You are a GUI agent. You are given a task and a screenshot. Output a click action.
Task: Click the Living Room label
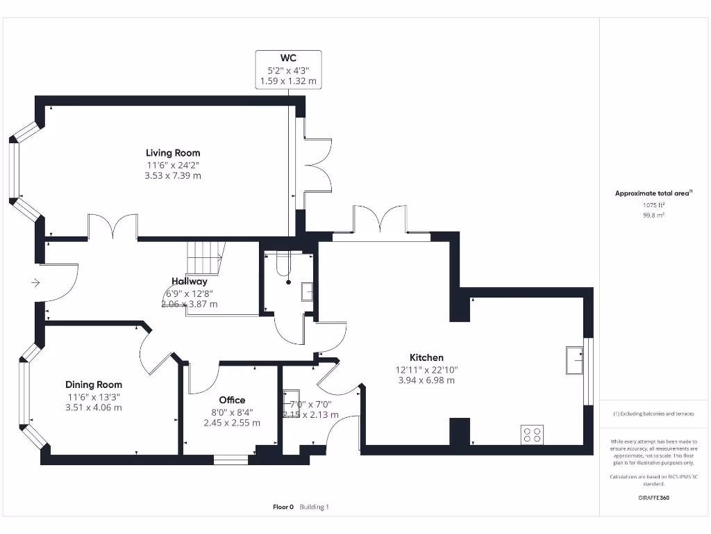pos(173,153)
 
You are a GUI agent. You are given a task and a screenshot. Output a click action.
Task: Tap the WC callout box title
pos(288,58)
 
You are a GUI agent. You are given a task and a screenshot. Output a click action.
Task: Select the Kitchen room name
pos(426,357)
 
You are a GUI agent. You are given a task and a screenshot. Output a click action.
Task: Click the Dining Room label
pos(94,385)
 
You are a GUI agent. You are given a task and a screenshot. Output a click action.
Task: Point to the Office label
pos(232,400)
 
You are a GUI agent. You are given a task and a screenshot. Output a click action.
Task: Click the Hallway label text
pos(190,282)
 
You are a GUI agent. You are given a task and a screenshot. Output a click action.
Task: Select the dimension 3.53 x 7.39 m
pos(173,176)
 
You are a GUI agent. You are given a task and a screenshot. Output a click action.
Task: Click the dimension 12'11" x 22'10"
pos(426,369)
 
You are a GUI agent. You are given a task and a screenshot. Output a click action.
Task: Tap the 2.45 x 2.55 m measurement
pos(232,423)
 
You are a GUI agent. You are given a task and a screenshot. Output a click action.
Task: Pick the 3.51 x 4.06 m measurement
pos(94,407)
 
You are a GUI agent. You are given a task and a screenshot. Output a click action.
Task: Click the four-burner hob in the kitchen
pos(532,435)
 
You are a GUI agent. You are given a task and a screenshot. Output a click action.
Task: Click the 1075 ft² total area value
pos(653,205)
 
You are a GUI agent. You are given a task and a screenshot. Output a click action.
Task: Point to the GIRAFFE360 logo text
pos(653,498)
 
